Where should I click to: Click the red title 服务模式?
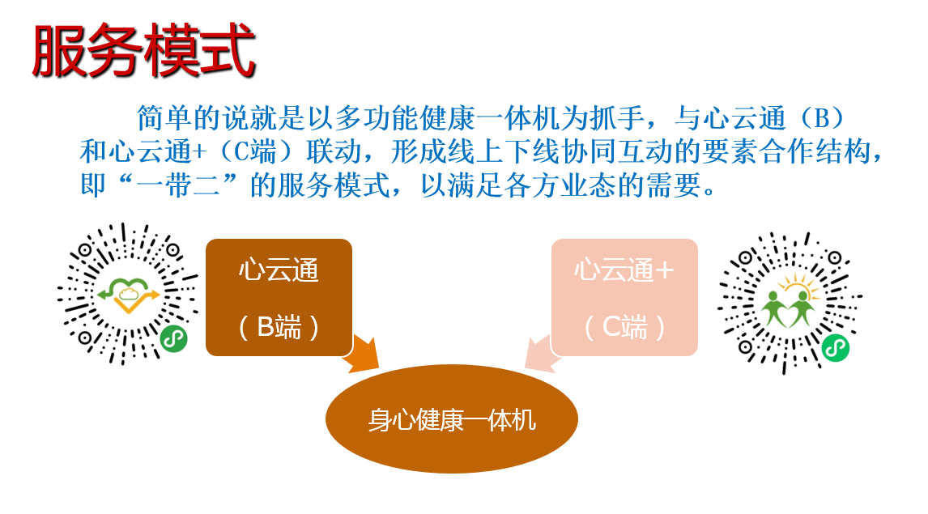(x=144, y=50)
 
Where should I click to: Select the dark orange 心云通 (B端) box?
(x=279, y=297)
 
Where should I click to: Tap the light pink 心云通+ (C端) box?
(x=624, y=297)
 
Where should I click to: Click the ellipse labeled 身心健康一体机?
(x=452, y=418)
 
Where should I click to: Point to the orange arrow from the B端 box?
(x=362, y=353)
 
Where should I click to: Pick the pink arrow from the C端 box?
(x=541, y=354)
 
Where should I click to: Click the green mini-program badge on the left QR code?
(x=173, y=339)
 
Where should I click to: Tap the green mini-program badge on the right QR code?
(x=835, y=348)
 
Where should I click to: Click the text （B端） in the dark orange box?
(x=279, y=327)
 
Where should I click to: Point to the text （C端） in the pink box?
(x=624, y=327)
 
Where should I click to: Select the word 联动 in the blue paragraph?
(x=334, y=151)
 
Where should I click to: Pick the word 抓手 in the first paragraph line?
(x=617, y=117)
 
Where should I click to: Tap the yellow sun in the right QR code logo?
(x=800, y=286)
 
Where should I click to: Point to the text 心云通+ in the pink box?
(x=624, y=270)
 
